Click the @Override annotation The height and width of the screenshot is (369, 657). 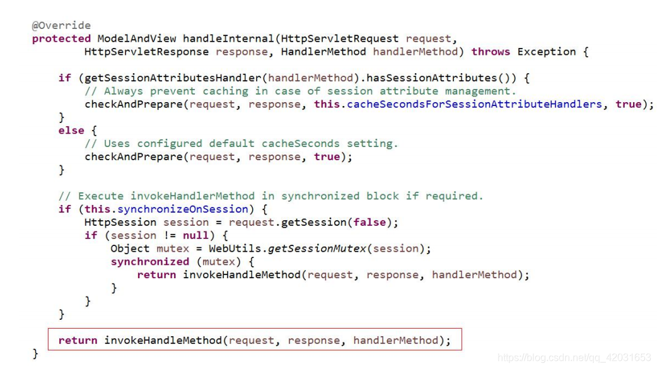(x=61, y=25)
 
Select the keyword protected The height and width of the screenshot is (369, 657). (x=61, y=38)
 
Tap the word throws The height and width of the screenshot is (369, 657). (x=491, y=52)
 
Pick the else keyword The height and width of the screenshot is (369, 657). (x=71, y=131)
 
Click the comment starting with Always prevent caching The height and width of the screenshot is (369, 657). (x=300, y=91)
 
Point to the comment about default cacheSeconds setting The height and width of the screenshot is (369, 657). (x=241, y=144)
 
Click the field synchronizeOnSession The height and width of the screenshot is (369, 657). (x=183, y=209)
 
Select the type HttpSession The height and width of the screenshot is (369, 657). (x=120, y=222)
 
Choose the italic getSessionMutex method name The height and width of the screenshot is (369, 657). (x=317, y=249)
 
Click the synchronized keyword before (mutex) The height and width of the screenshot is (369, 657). (x=150, y=262)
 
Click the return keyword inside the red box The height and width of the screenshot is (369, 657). (x=78, y=341)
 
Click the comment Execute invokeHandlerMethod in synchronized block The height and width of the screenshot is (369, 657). (x=270, y=196)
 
